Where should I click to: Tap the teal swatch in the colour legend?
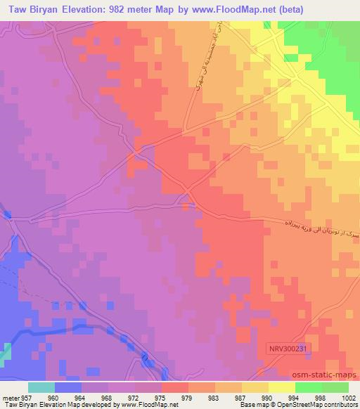point(41,387)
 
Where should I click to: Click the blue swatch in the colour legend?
point(68,387)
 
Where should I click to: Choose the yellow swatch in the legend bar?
point(282,387)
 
